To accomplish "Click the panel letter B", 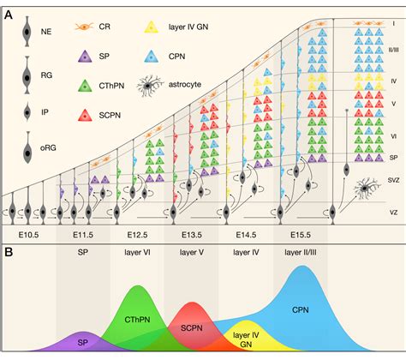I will [8, 252].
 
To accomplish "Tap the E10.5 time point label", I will [28, 232].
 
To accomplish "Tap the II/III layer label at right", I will [393, 51].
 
